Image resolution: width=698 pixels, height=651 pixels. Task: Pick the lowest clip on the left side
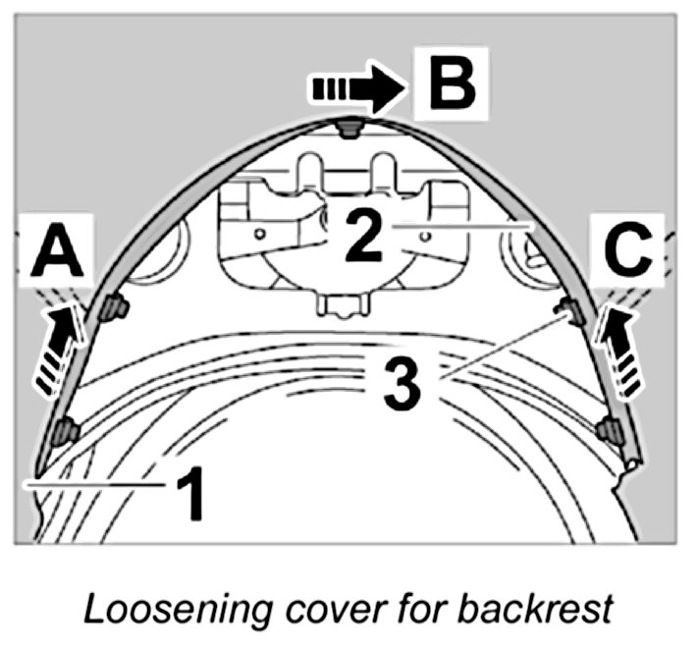(x=66, y=431)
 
